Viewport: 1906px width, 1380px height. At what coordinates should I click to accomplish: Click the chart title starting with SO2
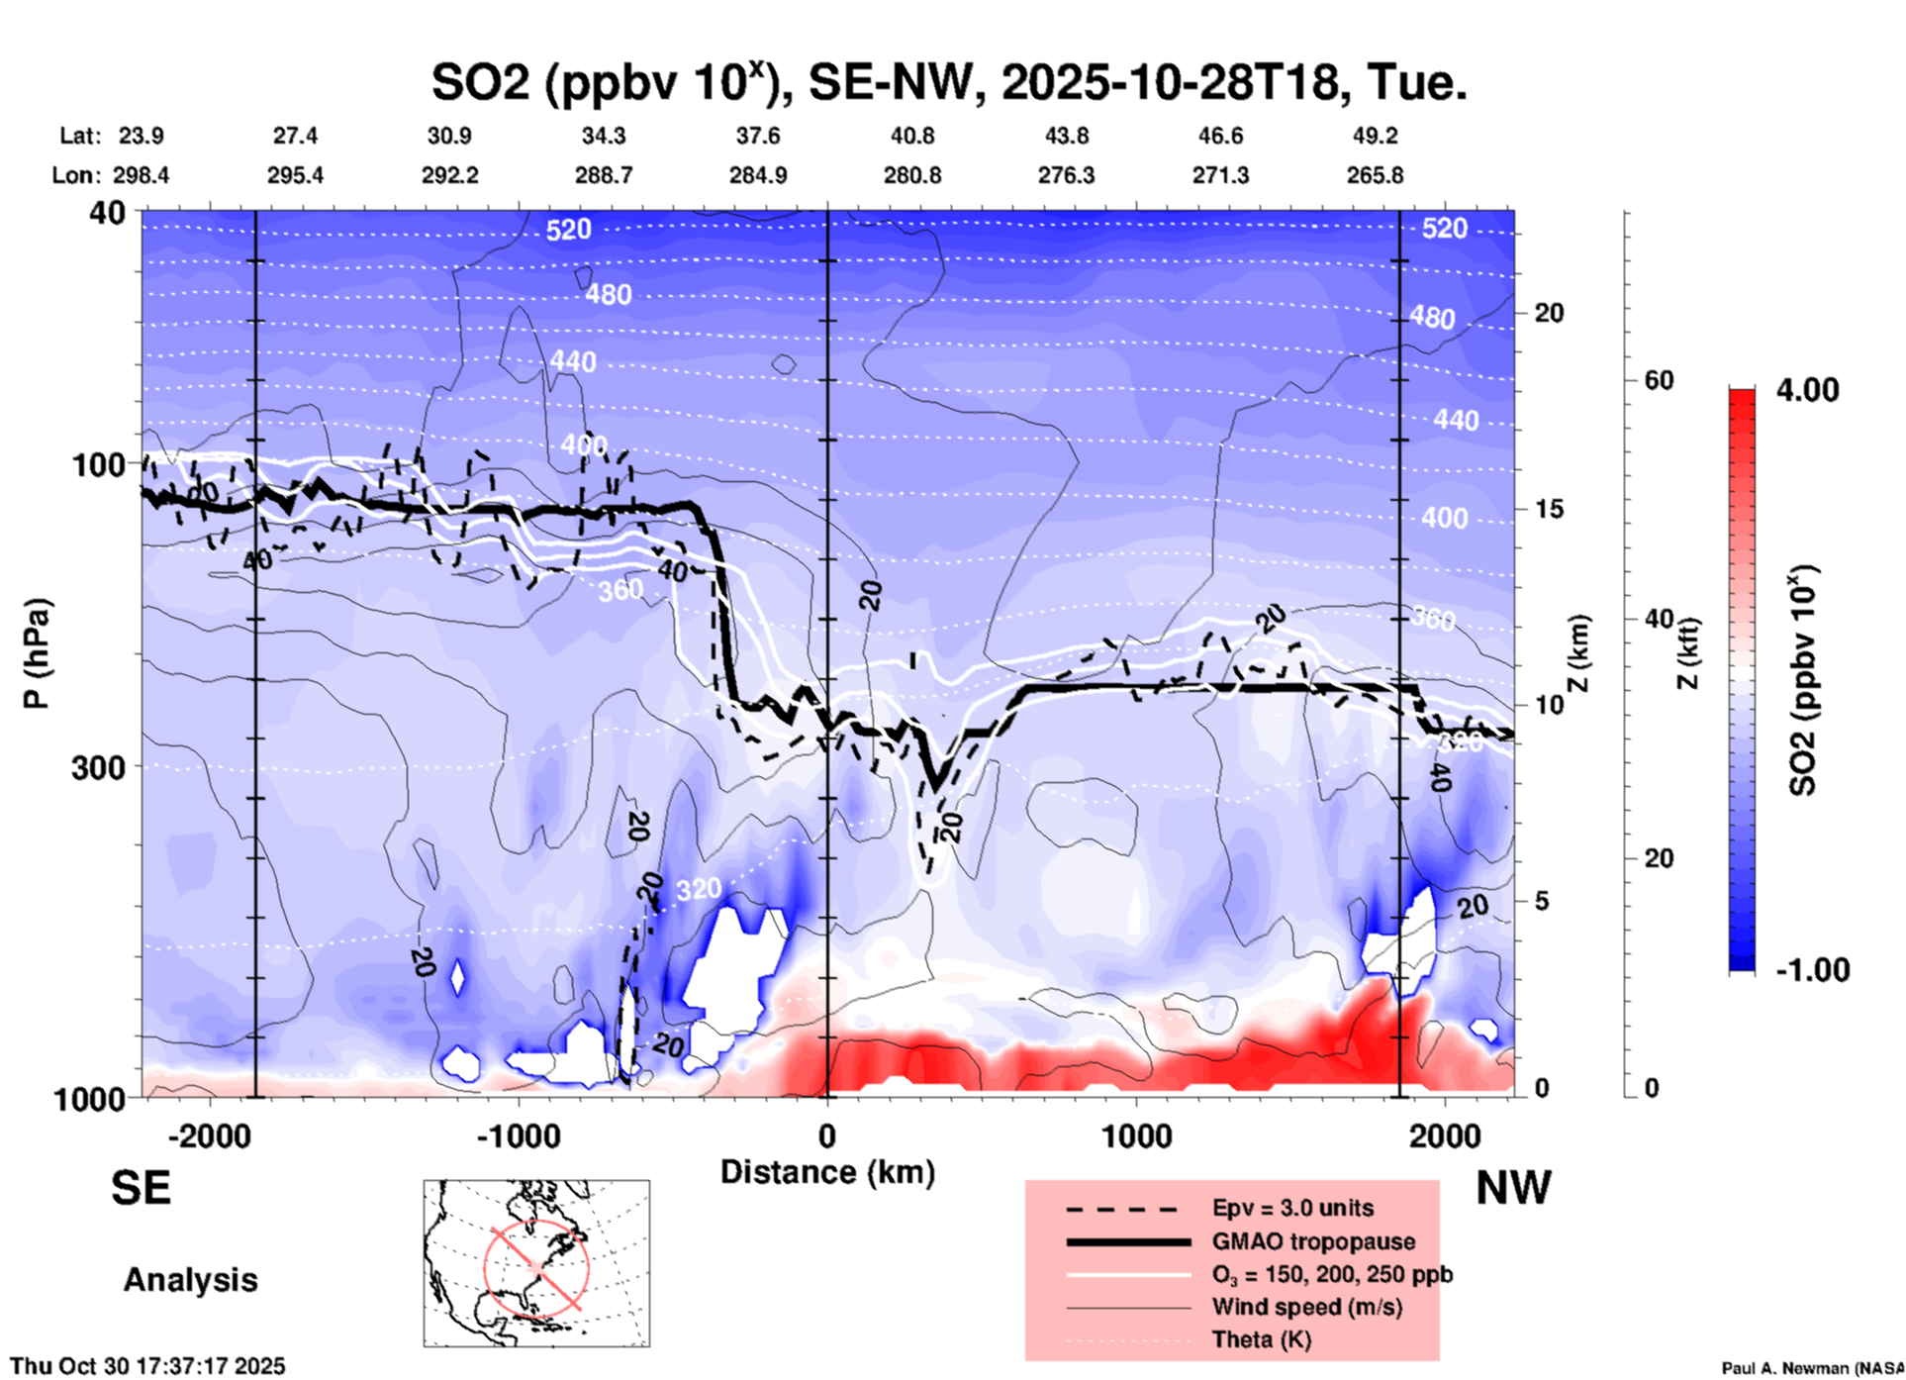[948, 83]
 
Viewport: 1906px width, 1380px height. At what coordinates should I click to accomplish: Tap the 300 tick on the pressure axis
[99, 767]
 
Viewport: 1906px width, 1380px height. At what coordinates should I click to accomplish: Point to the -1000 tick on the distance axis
[519, 1135]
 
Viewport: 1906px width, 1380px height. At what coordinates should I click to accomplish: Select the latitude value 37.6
[758, 136]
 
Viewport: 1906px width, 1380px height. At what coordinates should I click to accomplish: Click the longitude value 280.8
[912, 175]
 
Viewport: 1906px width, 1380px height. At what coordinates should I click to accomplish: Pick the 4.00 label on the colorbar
[1807, 390]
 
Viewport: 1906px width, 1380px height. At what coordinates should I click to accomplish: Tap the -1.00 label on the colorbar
[1812, 970]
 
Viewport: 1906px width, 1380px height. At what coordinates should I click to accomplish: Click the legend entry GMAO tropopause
[1313, 1241]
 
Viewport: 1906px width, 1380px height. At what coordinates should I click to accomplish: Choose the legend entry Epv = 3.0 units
[1292, 1208]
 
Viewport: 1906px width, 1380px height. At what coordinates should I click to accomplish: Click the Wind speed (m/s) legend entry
[1306, 1307]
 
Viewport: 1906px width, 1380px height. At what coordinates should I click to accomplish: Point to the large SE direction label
[141, 1188]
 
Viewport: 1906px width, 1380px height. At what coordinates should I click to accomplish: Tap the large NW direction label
[1513, 1188]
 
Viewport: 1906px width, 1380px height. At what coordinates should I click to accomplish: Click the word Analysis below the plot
[190, 1280]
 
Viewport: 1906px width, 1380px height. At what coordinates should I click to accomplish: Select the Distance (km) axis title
[827, 1172]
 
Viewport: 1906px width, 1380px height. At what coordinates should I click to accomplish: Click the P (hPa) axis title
[37, 653]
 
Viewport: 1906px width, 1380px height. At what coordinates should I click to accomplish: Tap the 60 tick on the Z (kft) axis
[1659, 380]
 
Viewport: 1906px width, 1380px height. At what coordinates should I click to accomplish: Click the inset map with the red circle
[536, 1263]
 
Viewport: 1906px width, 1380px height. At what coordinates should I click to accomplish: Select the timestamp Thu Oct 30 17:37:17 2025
[148, 1366]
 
